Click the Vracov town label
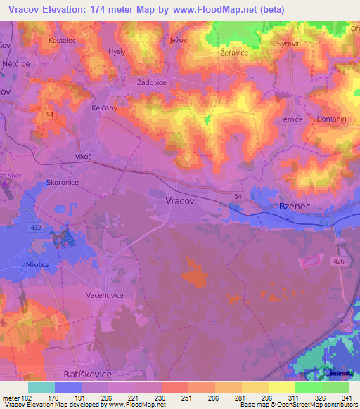(179, 200)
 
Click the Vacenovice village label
(105, 295)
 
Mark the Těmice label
(290, 119)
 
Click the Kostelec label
(61, 41)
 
